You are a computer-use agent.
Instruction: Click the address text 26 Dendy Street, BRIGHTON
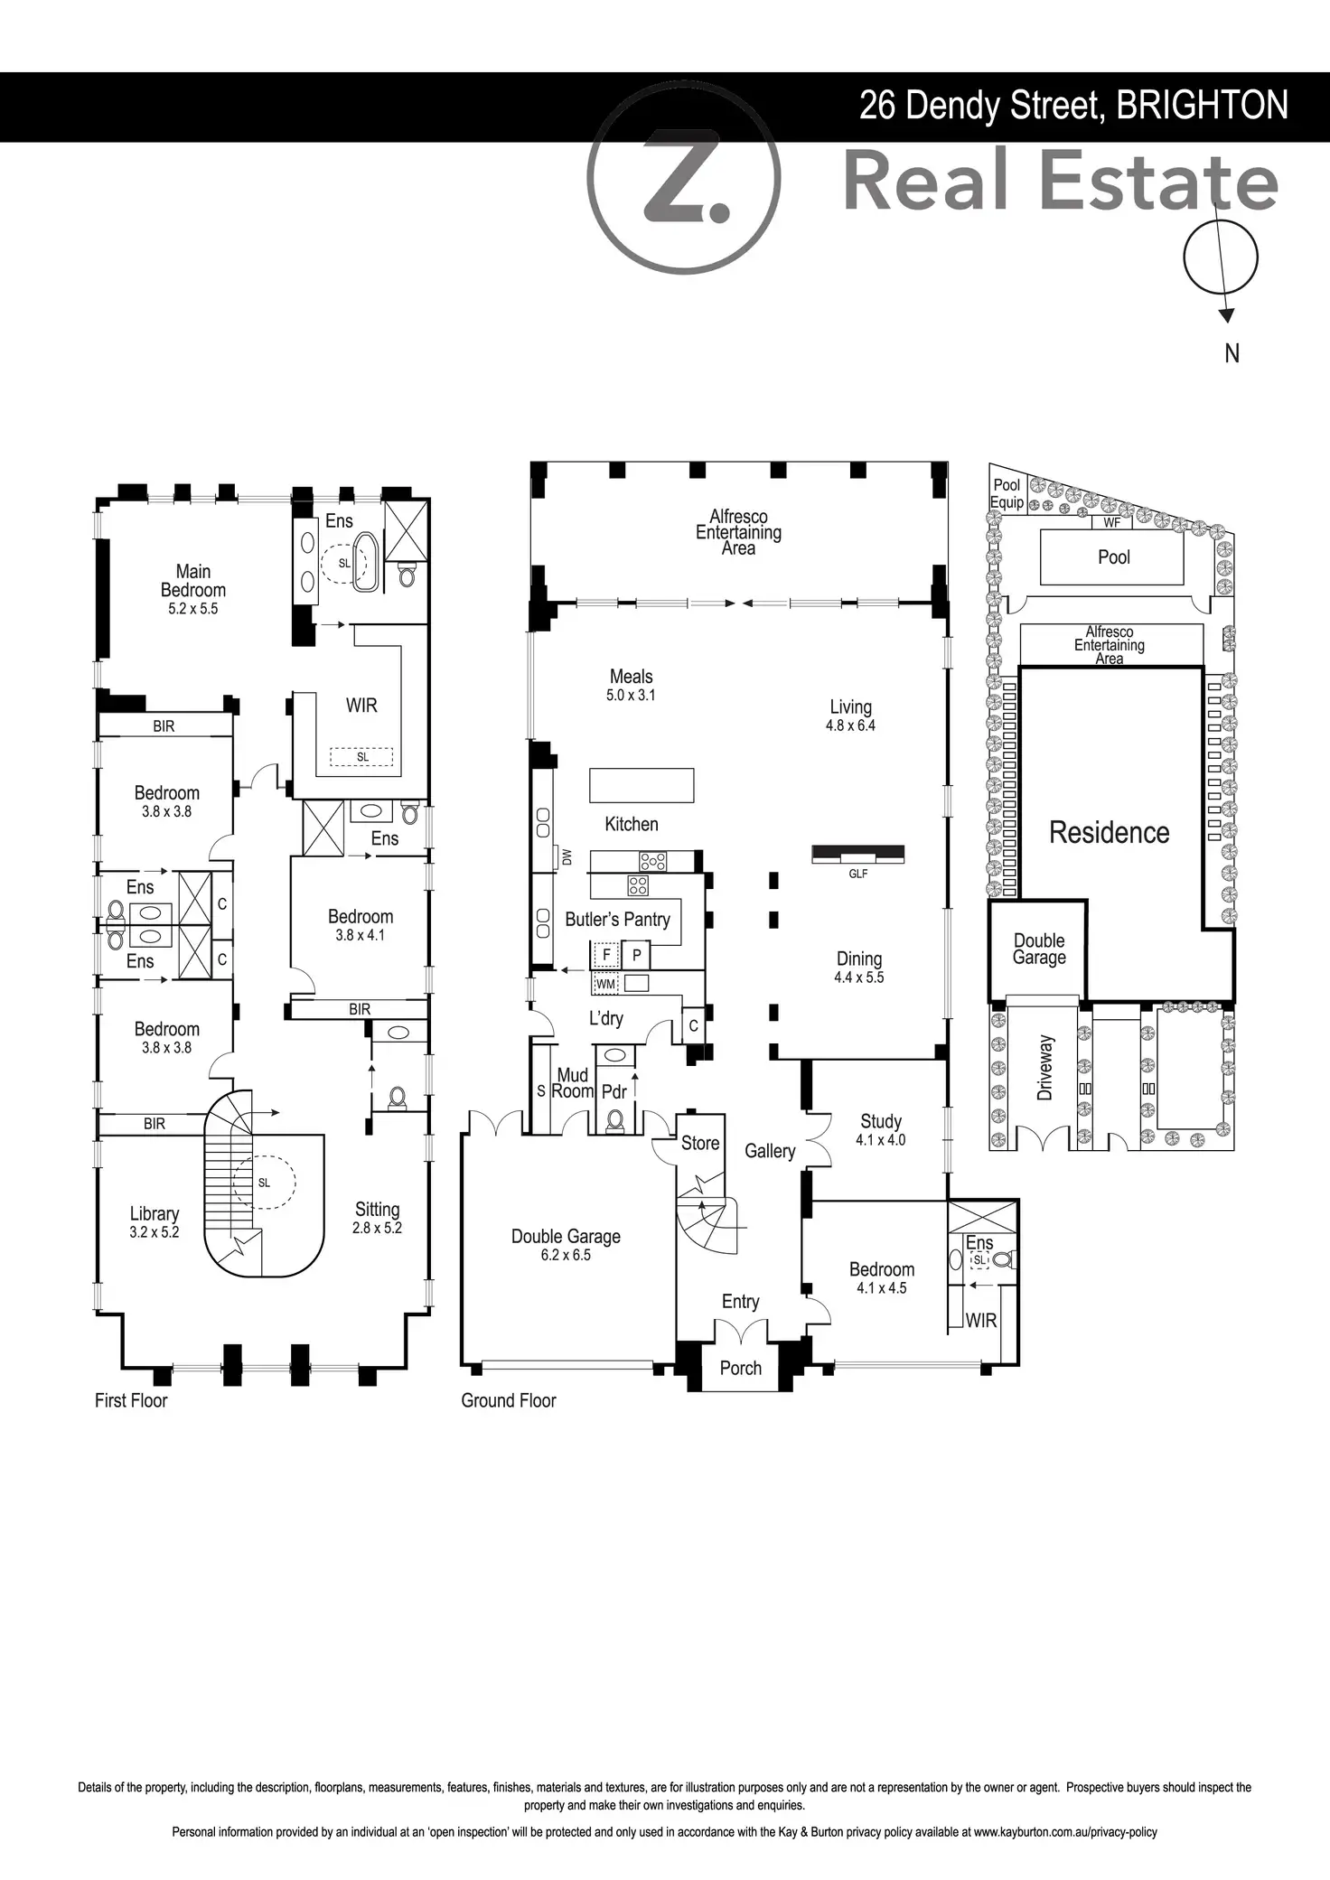pos(1073,107)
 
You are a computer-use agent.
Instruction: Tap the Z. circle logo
pos(683,177)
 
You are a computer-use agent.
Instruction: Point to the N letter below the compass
pos(1232,354)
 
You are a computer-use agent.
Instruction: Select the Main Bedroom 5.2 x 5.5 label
pos(193,589)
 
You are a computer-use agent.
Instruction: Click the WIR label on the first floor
pos(361,706)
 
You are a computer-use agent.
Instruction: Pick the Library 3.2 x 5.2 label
pos(155,1222)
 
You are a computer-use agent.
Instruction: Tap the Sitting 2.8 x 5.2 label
pos(377,1218)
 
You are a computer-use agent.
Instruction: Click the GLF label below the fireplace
pos(858,874)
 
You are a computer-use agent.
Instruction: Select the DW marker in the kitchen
pos(567,857)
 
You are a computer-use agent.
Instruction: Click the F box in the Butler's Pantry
pos(606,954)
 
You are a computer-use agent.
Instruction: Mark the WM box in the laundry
pos(605,983)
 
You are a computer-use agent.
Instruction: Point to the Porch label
pos(741,1368)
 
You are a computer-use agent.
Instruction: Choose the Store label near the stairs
pos(700,1143)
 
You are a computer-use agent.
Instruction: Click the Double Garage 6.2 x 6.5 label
pos(566,1244)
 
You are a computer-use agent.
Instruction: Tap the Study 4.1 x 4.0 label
pos(881,1129)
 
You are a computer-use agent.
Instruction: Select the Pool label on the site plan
pos(1114,557)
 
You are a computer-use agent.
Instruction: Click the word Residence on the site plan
pos(1110,832)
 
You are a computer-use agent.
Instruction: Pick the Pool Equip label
pos(1007,494)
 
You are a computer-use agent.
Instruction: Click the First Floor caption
pos(131,1400)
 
